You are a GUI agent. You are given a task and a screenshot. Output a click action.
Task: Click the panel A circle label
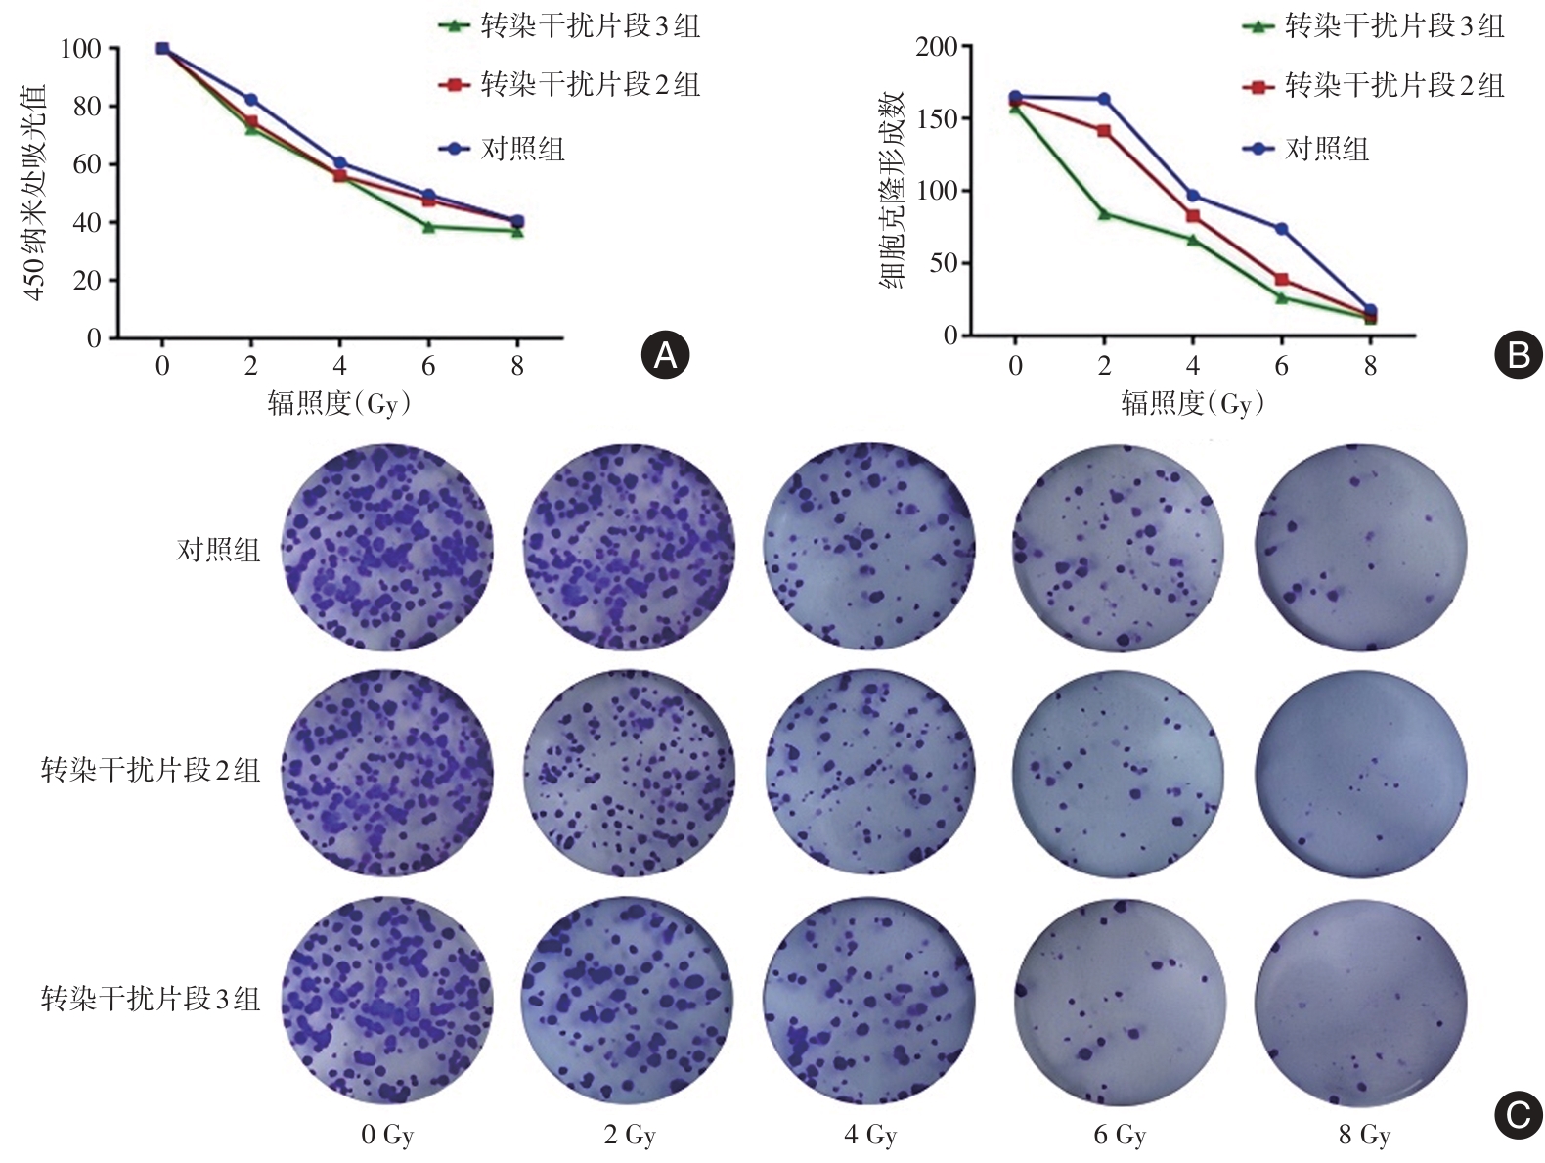665,354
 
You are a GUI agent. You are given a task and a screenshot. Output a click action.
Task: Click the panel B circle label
1518,354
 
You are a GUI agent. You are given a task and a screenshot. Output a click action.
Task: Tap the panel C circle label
1518,1115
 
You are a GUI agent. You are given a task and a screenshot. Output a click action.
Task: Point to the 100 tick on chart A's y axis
80,48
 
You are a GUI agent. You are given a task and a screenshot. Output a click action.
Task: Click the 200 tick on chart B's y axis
936,47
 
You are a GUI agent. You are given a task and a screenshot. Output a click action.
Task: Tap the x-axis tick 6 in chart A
428,366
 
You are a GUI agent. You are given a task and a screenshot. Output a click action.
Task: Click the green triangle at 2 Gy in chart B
1104,213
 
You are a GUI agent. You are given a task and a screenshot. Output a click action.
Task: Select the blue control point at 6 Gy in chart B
1281,229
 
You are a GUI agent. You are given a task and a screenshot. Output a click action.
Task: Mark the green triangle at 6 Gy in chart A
428,227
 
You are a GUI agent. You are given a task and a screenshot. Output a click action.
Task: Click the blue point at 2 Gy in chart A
251,100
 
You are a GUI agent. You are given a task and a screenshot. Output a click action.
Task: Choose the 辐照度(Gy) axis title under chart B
1192,403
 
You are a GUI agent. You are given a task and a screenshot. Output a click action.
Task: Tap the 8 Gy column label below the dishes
1363,1135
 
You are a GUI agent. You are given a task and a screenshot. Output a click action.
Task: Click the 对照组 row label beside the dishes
218,550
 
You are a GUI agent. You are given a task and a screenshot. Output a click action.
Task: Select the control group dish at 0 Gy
387,547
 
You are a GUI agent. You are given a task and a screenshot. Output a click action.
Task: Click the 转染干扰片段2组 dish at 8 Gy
1360,773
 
